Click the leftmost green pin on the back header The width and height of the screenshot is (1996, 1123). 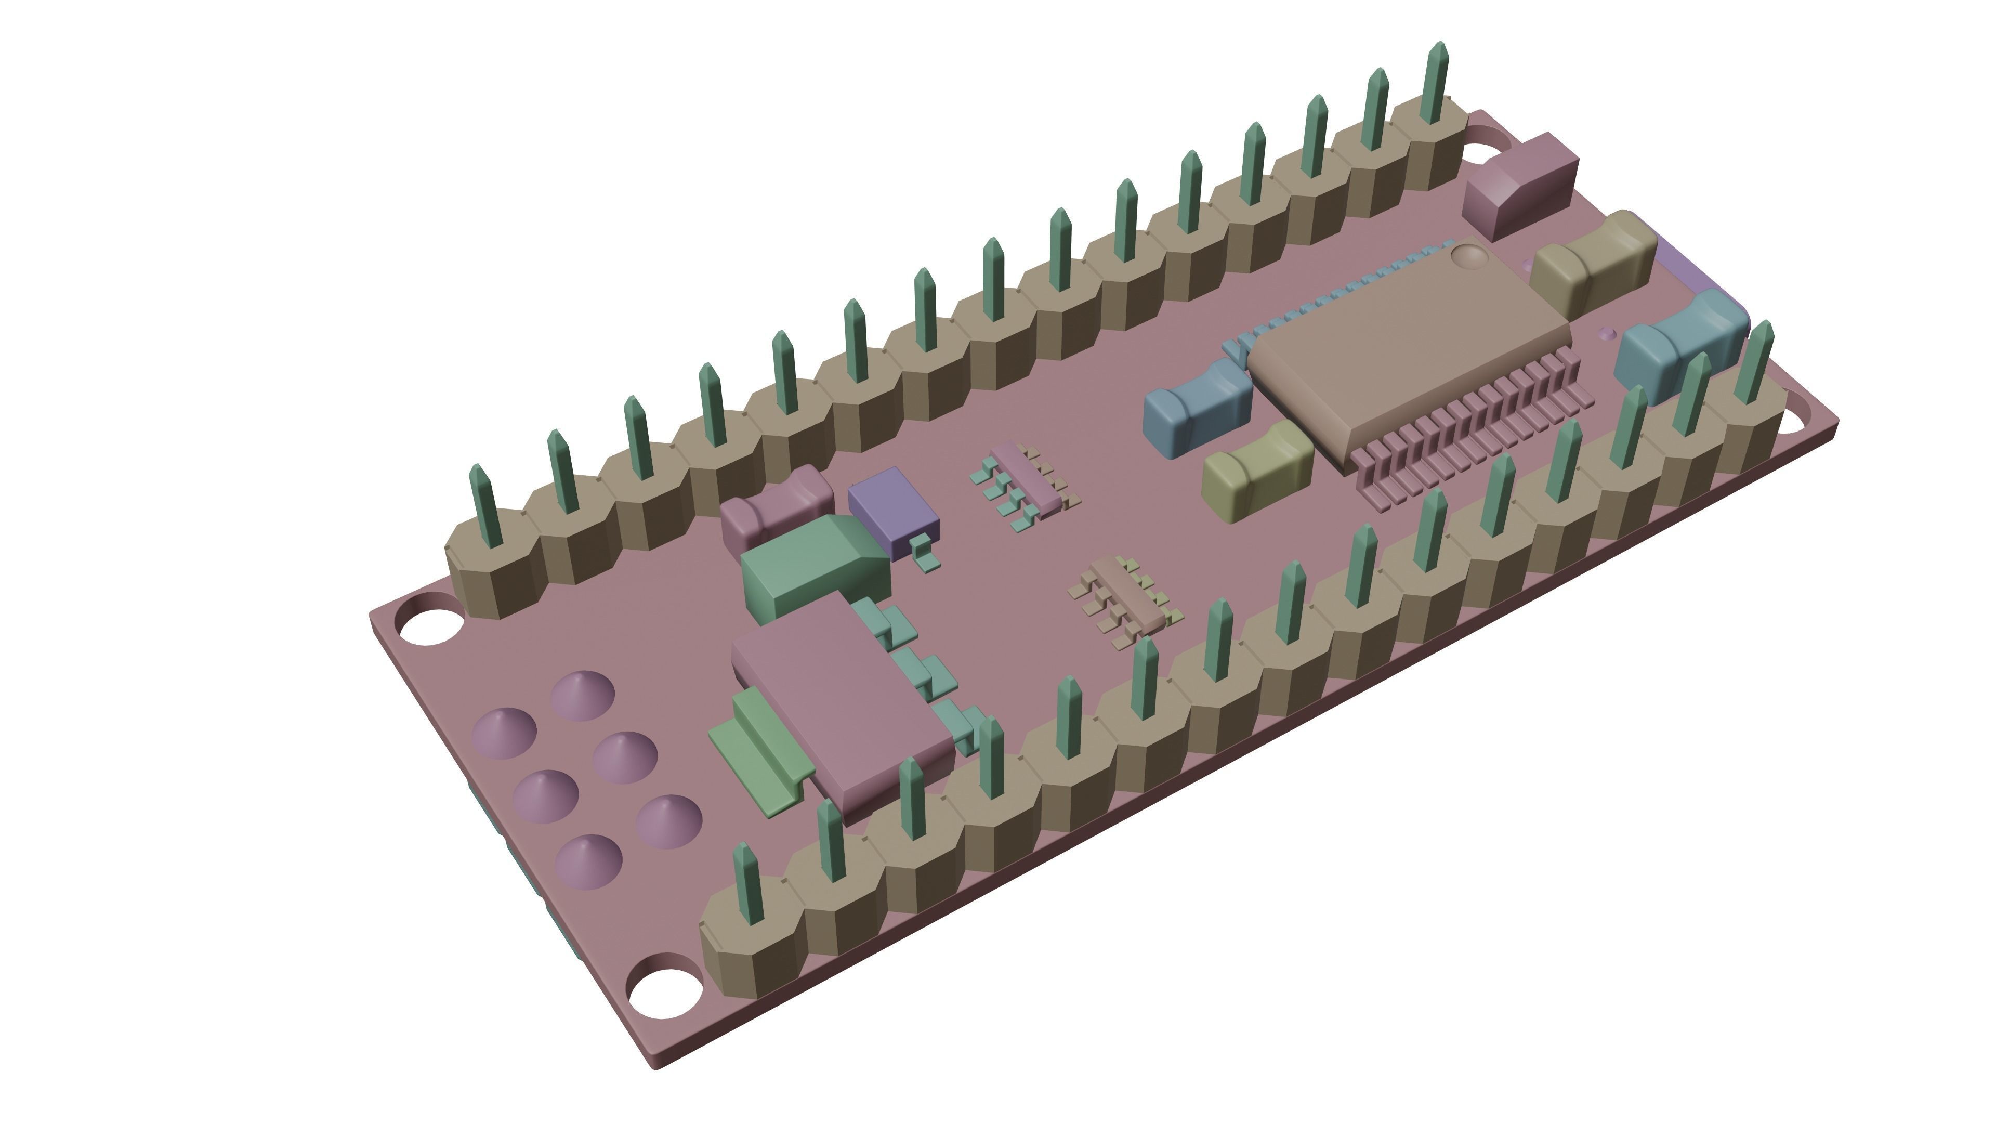(x=486, y=504)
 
